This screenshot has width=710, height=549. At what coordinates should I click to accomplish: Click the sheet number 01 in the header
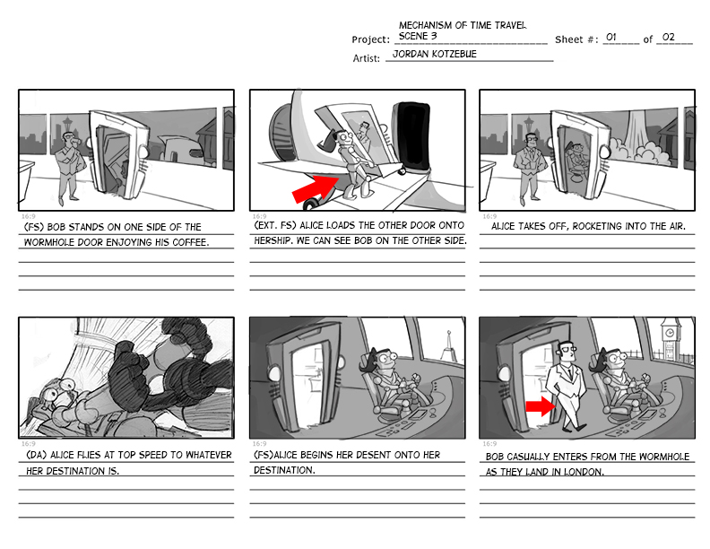(x=611, y=38)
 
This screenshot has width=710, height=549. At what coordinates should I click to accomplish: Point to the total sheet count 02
(x=667, y=38)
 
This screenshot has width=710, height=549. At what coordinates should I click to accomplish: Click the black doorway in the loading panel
(x=413, y=139)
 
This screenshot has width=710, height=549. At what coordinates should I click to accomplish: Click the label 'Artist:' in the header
(x=367, y=58)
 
